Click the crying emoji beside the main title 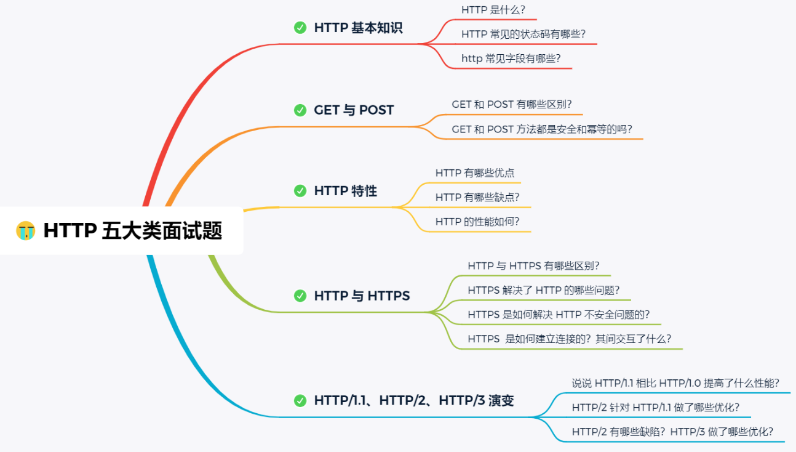coord(25,231)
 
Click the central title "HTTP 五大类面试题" coord(132,231)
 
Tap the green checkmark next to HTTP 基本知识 coord(300,28)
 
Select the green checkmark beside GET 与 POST coord(300,110)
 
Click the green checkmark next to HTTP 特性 coord(300,191)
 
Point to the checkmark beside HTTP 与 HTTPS coord(300,296)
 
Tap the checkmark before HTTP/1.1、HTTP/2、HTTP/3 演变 coord(300,401)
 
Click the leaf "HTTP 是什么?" coord(493,10)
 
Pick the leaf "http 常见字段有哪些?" coord(511,59)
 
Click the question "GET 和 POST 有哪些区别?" coord(512,105)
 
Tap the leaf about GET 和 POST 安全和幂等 coord(542,129)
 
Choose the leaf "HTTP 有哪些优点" coord(474,173)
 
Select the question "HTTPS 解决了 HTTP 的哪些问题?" coord(543,290)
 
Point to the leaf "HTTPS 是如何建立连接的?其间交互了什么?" coord(569,339)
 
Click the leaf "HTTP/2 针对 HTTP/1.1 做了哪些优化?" coord(655,407)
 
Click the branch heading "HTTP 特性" coord(346,191)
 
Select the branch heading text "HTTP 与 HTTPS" coord(362,296)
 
